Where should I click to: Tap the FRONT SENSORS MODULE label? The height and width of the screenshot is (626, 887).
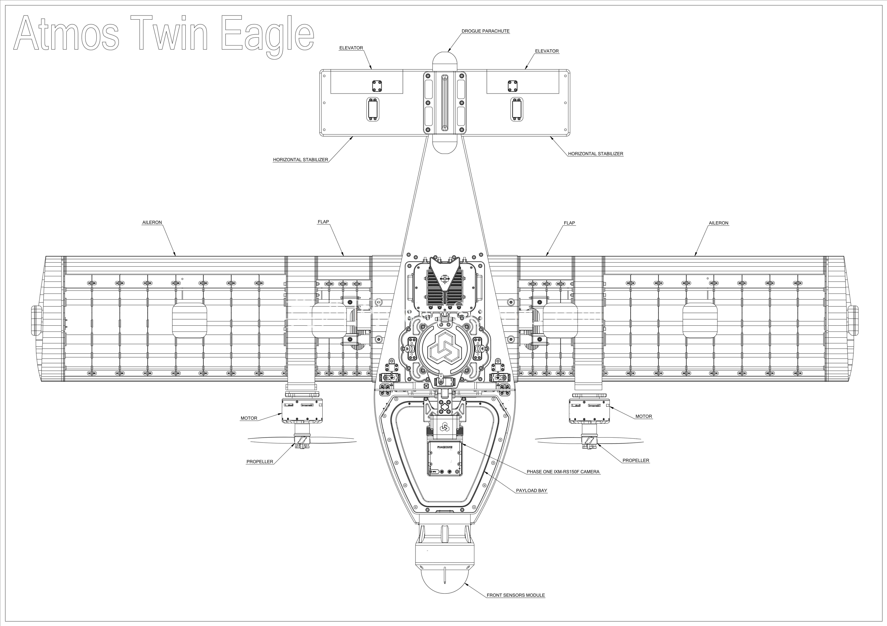pyautogui.click(x=516, y=595)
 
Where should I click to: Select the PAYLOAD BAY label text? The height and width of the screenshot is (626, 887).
pyautogui.click(x=532, y=490)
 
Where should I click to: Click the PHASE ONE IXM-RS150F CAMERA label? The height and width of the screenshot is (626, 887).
pyautogui.click(x=563, y=471)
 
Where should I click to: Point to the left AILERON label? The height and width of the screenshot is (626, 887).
pyautogui.click(x=152, y=222)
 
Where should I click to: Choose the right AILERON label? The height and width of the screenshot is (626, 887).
pyautogui.click(x=719, y=223)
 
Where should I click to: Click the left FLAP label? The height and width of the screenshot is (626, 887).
pyautogui.click(x=323, y=222)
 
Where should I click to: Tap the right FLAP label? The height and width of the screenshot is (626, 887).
pyautogui.click(x=569, y=223)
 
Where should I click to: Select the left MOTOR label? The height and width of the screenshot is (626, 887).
pyautogui.click(x=249, y=418)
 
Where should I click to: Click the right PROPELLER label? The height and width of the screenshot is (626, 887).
pyautogui.click(x=636, y=460)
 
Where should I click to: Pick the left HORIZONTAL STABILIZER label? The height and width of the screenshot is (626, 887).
pyautogui.click(x=301, y=160)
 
